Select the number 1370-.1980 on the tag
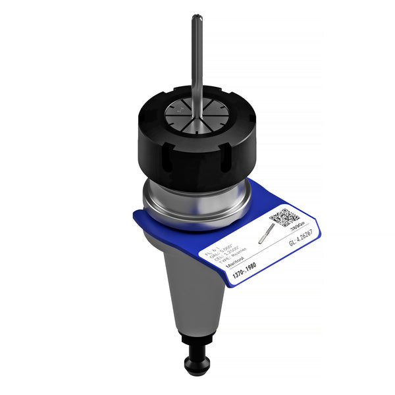[x=244, y=275]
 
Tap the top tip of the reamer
[x=196, y=17]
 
